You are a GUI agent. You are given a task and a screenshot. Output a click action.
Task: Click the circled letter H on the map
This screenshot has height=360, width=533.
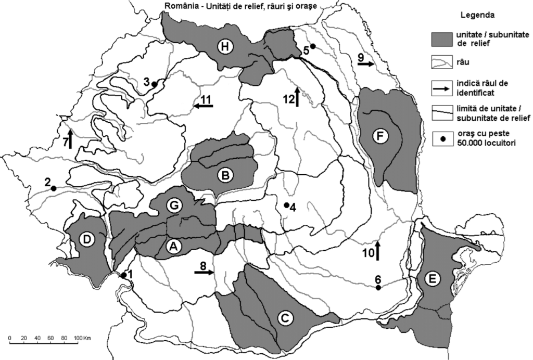click(x=224, y=47)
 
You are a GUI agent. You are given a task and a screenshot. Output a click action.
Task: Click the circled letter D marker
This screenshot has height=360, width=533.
click(x=86, y=239)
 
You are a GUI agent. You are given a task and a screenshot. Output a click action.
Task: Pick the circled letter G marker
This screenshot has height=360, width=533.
click(x=175, y=205)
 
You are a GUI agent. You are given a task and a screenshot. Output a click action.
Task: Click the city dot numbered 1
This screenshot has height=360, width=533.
click(x=124, y=275)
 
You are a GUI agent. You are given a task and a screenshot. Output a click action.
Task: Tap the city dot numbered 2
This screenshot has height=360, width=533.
click(x=53, y=188)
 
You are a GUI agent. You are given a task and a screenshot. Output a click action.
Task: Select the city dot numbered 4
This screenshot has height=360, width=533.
click(x=286, y=205)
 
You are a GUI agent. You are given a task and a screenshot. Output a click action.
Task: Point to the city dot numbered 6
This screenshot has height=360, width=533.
click(x=378, y=288)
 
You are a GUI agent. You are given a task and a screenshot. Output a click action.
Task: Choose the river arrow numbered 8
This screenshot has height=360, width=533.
click(x=205, y=272)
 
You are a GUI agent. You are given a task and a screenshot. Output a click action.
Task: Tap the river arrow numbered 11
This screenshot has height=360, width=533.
click(x=204, y=106)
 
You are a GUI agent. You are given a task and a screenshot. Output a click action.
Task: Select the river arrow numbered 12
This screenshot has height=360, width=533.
click(x=297, y=97)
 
